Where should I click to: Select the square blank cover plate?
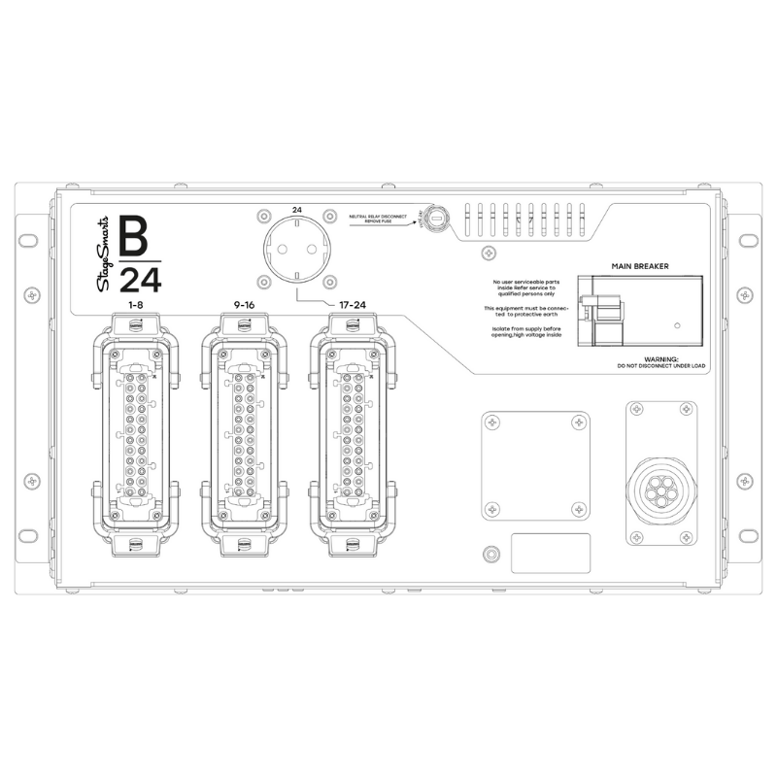(x=535, y=464)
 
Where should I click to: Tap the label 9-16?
(x=245, y=307)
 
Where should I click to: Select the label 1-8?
(x=135, y=307)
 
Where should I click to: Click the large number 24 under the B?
(x=140, y=281)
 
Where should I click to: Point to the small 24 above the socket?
(x=296, y=209)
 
